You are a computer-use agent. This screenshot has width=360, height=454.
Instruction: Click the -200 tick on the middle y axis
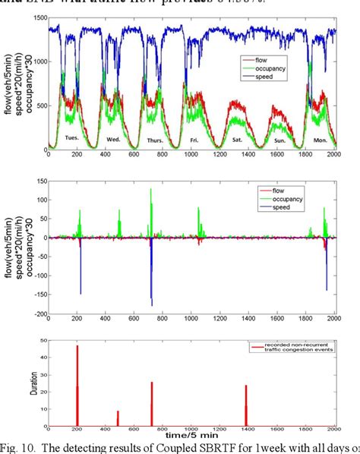(35, 314)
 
